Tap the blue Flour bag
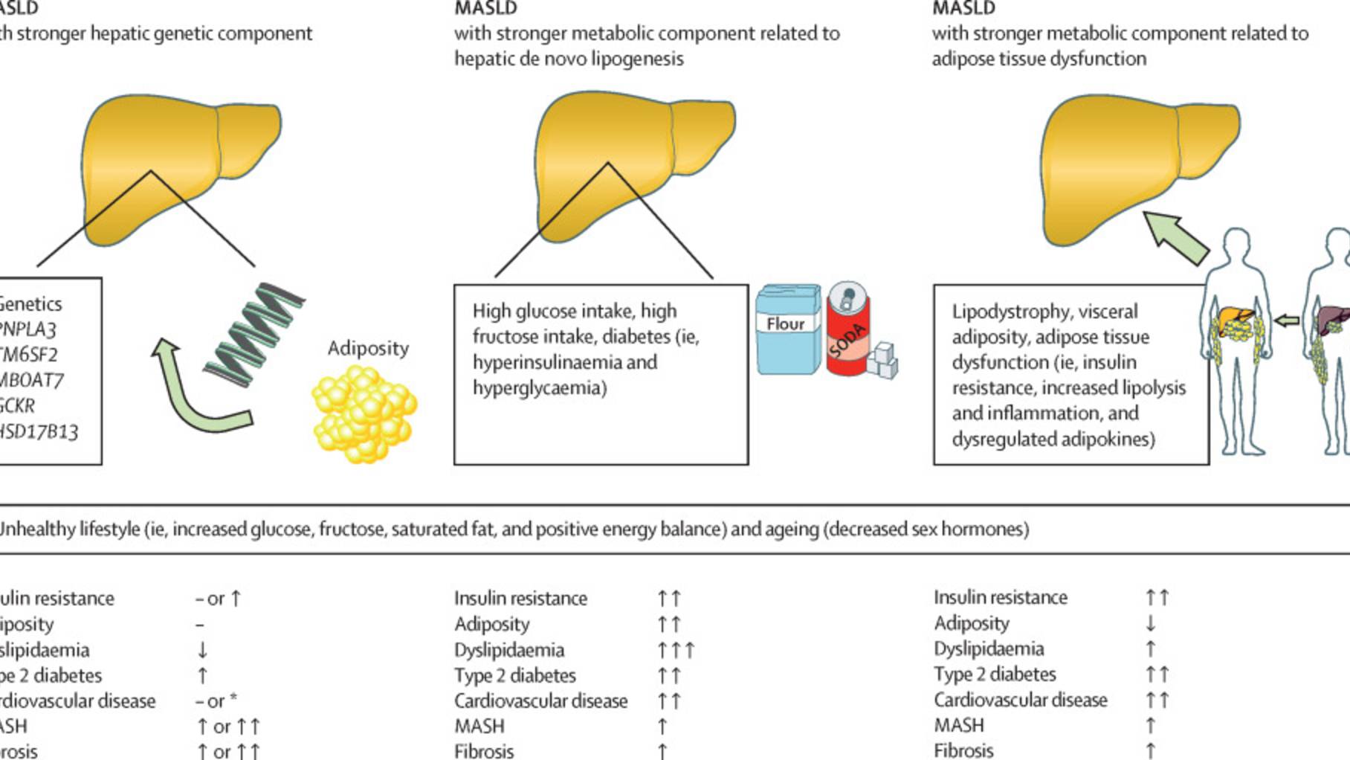788,329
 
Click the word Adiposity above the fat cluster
368,348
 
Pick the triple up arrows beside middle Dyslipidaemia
675,650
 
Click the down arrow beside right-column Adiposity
1151,623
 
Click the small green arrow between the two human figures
1287,321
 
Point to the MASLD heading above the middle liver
485,9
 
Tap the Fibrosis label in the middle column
484,751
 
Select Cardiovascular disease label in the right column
1020,700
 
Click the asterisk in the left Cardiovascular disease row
233,699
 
